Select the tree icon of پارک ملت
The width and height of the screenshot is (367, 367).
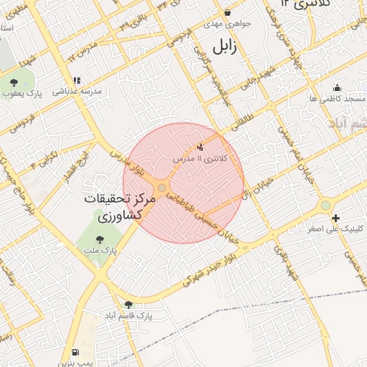coord(107,239)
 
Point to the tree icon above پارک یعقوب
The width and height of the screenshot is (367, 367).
coord(14,82)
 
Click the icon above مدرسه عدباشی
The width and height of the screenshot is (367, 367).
coord(76,80)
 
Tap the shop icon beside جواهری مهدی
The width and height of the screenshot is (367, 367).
coord(228,12)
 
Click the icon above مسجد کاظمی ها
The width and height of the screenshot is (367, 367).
coord(337,87)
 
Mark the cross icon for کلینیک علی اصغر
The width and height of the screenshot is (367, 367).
coord(335,217)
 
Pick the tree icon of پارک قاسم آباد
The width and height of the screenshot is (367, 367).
coord(128,304)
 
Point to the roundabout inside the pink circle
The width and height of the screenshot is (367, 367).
coord(163,188)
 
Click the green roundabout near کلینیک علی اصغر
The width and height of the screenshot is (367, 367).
coord(326,205)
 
